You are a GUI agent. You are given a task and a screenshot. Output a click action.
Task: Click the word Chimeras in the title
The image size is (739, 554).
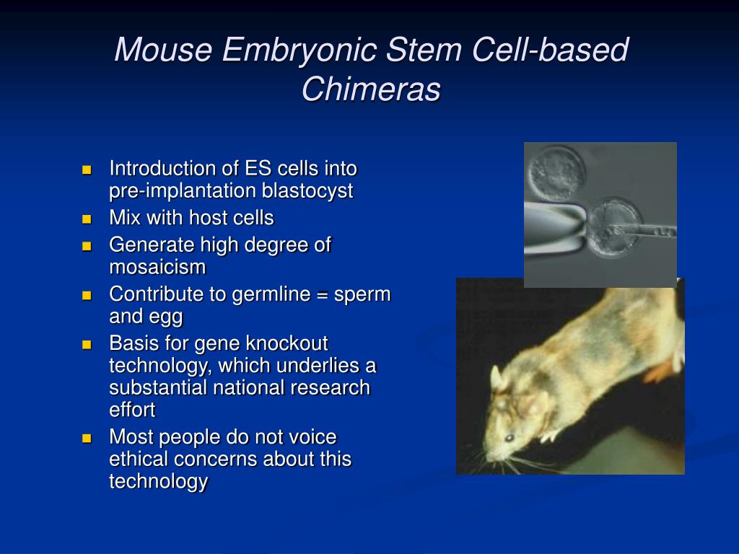(x=370, y=89)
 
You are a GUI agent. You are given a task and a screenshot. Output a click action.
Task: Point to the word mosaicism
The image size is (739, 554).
(x=157, y=268)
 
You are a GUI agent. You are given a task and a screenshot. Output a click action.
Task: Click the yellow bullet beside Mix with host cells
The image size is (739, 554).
(x=87, y=219)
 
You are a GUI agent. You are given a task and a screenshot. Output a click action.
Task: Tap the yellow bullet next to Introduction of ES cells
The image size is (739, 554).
(x=87, y=170)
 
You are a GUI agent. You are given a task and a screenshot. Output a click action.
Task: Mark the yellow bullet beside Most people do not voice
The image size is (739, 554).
(x=87, y=438)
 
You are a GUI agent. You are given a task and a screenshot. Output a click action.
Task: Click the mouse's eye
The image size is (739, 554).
(x=509, y=437)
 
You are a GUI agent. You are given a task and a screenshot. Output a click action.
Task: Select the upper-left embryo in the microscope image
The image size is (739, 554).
(x=555, y=172)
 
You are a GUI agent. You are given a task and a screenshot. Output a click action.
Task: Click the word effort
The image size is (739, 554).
(x=132, y=410)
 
